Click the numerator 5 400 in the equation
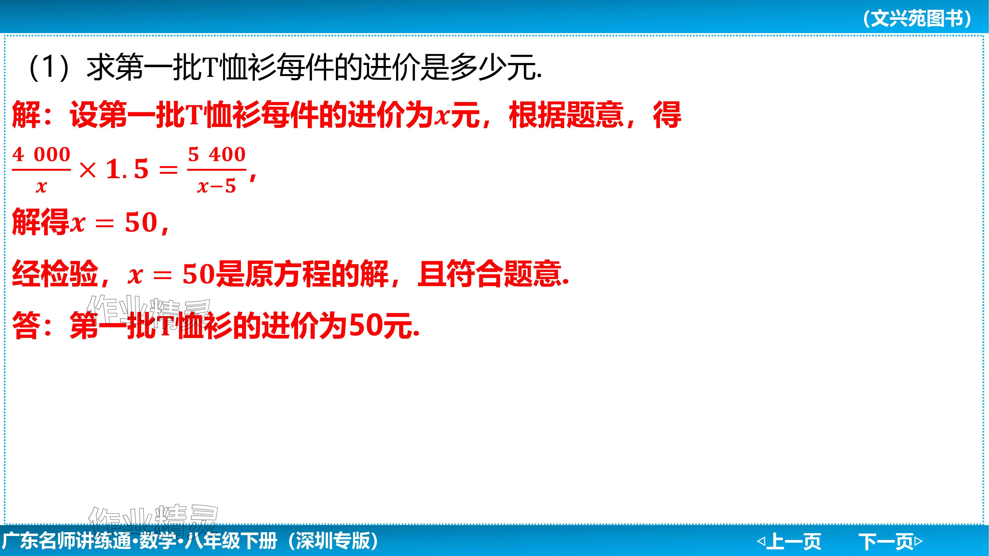217,155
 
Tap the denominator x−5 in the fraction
217,187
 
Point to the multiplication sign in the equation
88,170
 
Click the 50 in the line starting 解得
141,223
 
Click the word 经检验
55,274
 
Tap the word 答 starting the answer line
26,326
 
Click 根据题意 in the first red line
566,115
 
